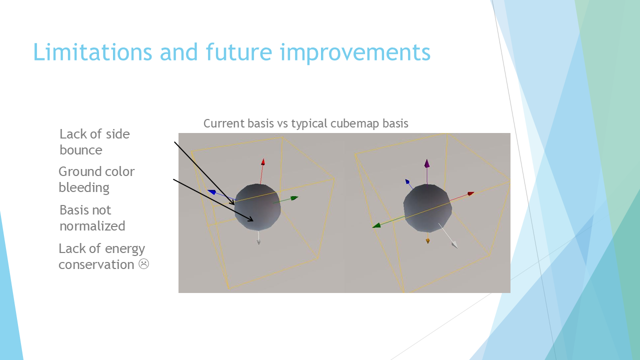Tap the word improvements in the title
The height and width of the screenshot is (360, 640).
click(355, 53)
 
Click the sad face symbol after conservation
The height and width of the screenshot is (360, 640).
click(143, 263)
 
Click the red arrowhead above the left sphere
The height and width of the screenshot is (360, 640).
click(263, 162)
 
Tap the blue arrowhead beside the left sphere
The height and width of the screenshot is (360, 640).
click(212, 192)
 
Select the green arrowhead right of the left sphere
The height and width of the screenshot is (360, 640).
click(294, 198)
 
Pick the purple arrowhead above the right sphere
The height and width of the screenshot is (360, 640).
click(427, 163)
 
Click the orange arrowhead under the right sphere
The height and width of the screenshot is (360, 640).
click(427, 241)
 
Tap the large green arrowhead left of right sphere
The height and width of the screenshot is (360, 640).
click(376, 225)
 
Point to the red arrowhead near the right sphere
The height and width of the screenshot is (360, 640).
click(471, 193)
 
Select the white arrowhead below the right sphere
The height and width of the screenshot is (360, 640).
click(454, 245)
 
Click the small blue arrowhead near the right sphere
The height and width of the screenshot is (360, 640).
click(407, 181)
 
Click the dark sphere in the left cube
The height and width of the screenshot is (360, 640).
click(257, 207)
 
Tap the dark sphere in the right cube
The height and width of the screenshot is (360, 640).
click(427, 208)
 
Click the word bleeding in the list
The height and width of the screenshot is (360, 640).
click(84, 187)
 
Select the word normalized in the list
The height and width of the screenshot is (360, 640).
click(92, 226)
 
